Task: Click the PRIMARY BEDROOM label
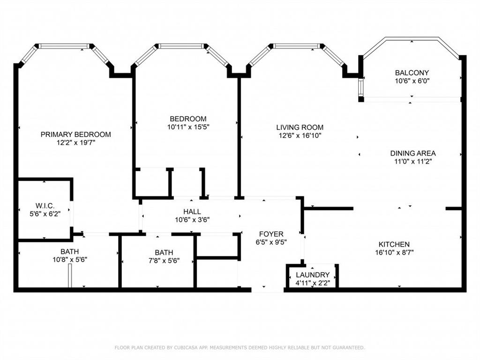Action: [75, 135]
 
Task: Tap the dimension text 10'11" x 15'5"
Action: [187, 127]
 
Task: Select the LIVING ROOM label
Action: [300, 127]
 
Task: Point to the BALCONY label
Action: [412, 73]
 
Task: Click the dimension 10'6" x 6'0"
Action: [412, 81]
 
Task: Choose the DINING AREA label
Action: [413, 153]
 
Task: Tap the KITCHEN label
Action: [394, 244]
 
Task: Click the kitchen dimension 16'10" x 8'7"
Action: [394, 252]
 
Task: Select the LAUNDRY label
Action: [313, 275]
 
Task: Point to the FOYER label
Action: [271, 234]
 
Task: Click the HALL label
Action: [192, 212]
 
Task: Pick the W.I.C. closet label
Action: [45, 206]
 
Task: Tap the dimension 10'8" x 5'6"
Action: [69, 260]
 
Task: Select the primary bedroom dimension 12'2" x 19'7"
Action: [75, 142]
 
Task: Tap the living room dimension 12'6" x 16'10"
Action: [300, 135]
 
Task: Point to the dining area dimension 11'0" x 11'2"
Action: [413, 161]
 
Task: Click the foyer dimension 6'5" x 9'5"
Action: [271, 242]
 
